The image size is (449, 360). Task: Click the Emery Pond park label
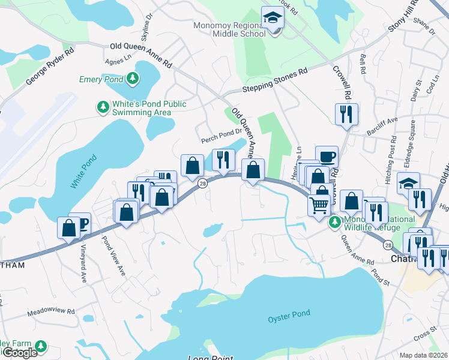[x=101, y=79]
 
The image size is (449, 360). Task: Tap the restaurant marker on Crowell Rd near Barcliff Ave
[x=346, y=113]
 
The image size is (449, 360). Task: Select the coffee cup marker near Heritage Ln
[x=327, y=157]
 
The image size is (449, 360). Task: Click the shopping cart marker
[x=319, y=205]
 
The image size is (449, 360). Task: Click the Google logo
[x=20, y=353]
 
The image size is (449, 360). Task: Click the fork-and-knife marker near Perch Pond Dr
[x=223, y=160]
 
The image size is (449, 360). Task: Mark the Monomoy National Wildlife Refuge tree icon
[x=335, y=222]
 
